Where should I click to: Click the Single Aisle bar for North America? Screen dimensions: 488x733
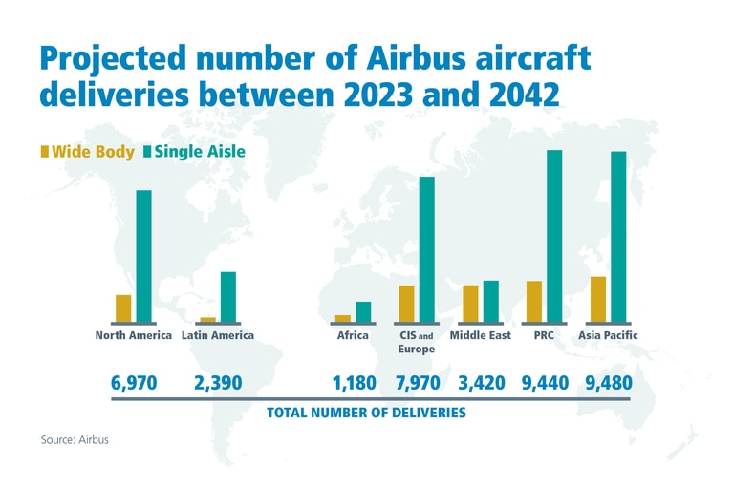tap(143, 256)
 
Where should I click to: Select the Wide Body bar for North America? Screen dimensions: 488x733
tap(123, 308)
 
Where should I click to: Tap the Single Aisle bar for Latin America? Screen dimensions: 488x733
tap(227, 297)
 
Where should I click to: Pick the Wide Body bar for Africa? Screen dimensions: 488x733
tap(343, 318)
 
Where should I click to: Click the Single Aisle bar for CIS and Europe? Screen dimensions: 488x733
tap(426, 249)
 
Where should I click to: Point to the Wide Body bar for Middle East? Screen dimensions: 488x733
tap(470, 304)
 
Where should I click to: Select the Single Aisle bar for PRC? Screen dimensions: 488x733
tap(554, 236)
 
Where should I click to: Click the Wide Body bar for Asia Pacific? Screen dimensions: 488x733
tap(598, 299)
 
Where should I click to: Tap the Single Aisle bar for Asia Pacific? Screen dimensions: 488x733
tap(618, 237)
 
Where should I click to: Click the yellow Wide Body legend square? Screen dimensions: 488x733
tap(44, 151)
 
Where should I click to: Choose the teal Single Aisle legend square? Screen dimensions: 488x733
tap(147, 151)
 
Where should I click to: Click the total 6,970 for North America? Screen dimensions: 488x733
tap(134, 383)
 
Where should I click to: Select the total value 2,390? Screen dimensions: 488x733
tap(218, 383)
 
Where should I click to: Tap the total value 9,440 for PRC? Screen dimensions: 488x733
tap(545, 383)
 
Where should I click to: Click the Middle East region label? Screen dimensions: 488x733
tap(480, 335)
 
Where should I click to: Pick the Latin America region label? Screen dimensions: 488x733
tap(218, 335)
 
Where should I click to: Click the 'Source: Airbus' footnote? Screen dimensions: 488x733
tap(75, 441)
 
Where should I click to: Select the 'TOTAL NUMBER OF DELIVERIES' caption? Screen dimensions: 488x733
tap(366, 413)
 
